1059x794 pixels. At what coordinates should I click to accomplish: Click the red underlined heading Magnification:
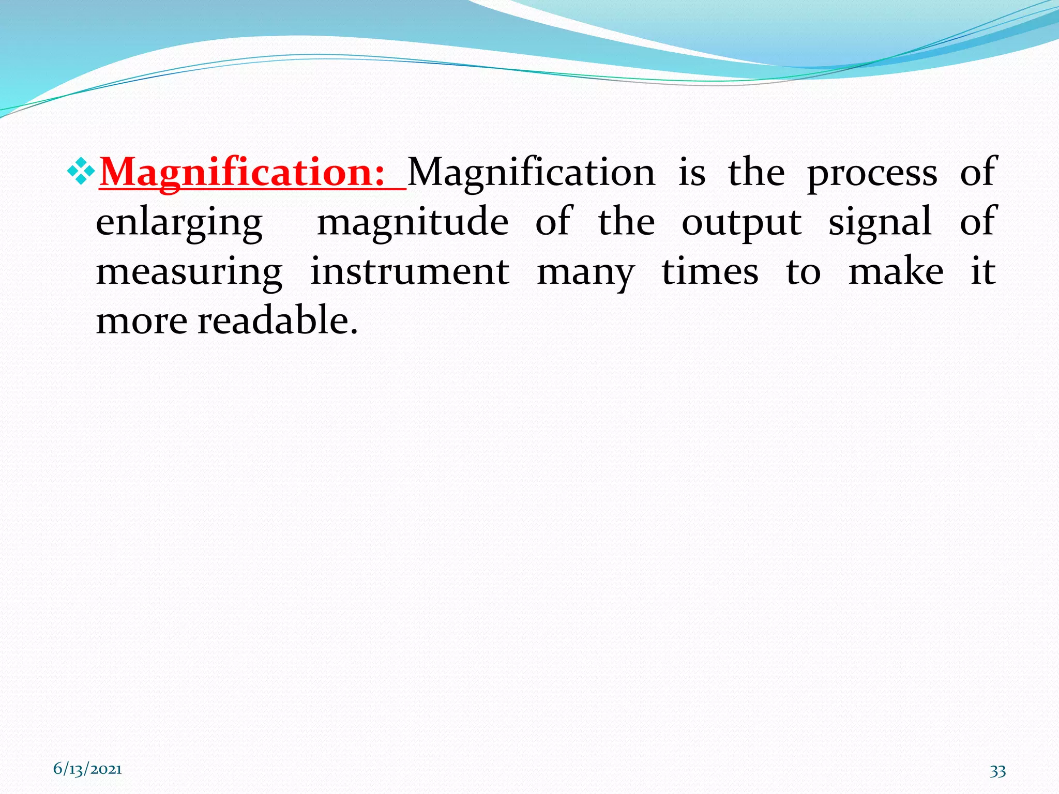click(242, 173)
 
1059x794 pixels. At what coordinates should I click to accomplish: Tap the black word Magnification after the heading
click(532, 173)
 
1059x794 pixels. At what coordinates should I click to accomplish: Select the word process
click(872, 173)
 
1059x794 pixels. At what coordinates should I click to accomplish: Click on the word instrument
click(410, 272)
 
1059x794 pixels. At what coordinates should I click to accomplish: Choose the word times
click(710, 272)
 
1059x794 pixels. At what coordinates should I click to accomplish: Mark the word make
click(896, 272)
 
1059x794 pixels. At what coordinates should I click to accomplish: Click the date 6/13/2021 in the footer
click(87, 769)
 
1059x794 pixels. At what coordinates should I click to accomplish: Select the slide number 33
click(997, 771)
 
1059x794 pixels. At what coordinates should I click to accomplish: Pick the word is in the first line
click(692, 173)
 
